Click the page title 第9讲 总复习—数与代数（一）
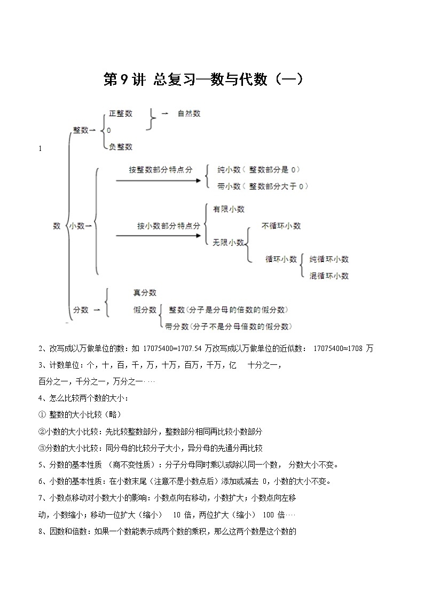click(x=203, y=79)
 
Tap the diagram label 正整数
click(x=120, y=114)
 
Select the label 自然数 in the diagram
click(x=189, y=114)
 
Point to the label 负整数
click(x=120, y=147)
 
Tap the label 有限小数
click(x=229, y=210)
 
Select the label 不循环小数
click(x=281, y=226)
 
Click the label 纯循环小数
click(x=329, y=259)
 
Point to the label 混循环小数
click(x=329, y=276)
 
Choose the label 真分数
click(x=145, y=293)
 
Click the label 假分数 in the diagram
click(x=145, y=309)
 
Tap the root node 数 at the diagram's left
click(x=57, y=226)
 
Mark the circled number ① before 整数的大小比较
click(x=43, y=414)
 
